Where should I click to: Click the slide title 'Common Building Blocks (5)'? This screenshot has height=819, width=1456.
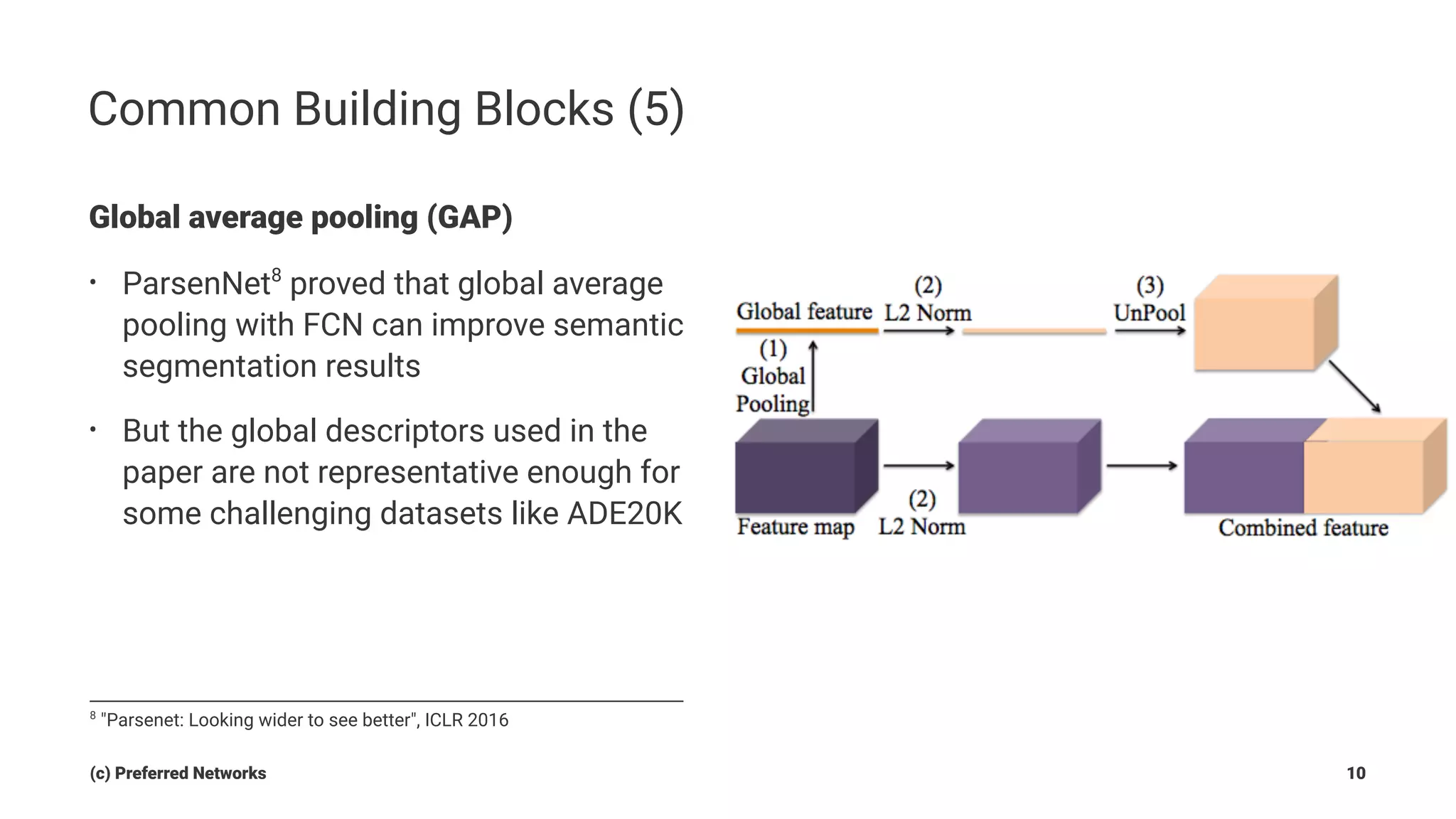click(386, 109)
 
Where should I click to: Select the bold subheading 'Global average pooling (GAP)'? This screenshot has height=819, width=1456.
click(300, 218)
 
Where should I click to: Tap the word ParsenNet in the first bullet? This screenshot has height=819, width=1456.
click(196, 284)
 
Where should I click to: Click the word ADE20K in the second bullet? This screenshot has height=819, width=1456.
click(623, 514)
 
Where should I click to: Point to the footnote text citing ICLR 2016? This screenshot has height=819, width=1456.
click(304, 720)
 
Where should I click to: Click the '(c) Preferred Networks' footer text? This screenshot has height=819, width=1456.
click(178, 773)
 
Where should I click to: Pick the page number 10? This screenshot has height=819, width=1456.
click(1355, 773)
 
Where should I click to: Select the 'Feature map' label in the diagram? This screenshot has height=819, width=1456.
click(795, 528)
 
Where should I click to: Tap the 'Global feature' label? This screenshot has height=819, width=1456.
click(803, 312)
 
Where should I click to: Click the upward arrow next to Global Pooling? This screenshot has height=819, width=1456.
click(813, 377)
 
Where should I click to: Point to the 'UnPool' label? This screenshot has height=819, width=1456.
click(1149, 313)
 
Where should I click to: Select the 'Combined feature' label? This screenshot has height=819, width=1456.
click(1302, 528)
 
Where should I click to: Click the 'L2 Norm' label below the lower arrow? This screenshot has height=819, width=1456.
click(921, 528)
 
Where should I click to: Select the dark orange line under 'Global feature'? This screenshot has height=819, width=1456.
click(807, 331)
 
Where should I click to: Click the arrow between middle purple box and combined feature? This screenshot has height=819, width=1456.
click(1140, 466)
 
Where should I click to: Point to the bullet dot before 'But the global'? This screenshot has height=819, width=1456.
click(92, 430)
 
